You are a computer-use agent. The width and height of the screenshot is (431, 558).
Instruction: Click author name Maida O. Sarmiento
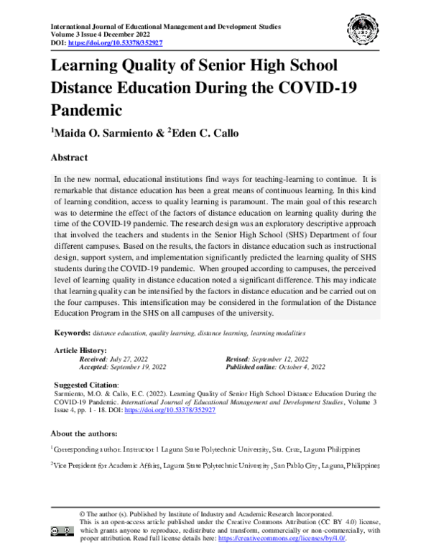[104, 133]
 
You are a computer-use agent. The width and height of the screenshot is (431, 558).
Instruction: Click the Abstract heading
[69, 157]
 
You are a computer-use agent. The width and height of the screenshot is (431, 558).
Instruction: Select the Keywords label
[73, 334]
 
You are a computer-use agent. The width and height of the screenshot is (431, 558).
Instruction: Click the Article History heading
[80, 349]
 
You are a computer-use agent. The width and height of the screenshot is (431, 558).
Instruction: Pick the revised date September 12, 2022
[277, 358]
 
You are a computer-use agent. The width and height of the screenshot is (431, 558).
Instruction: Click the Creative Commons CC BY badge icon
[62, 531]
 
